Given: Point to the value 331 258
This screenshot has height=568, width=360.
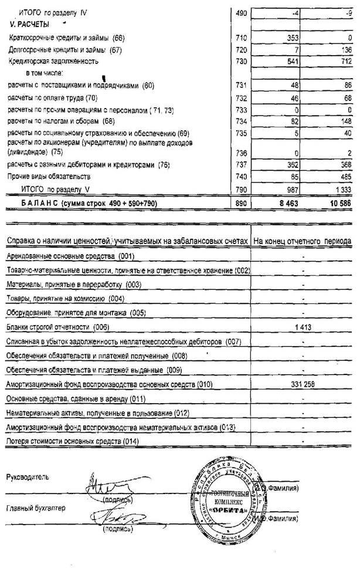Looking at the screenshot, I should pos(303,384).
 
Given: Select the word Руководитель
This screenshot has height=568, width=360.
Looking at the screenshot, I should pos(29,476).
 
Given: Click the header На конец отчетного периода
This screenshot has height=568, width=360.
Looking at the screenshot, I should pos(302,241).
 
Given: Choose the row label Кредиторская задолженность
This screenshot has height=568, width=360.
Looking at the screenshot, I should pos(50,61).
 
